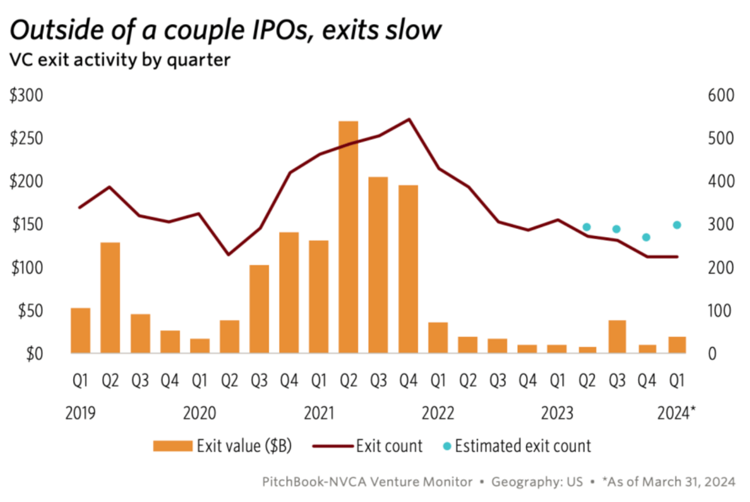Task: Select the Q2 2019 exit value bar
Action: click(x=110, y=297)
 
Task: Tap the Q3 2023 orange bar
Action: click(x=617, y=337)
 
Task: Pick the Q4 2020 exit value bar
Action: click(x=289, y=292)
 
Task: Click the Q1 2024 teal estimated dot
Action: click(x=677, y=225)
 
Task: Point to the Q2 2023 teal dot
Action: click(x=587, y=227)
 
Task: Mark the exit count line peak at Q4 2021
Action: click(x=409, y=120)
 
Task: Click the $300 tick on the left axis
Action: click(x=26, y=96)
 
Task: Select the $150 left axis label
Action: click(x=26, y=225)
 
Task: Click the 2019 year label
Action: click(x=81, y=414)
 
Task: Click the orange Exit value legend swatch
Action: click(x=172, y=446)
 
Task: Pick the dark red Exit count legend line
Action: click(x=333, y=446)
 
